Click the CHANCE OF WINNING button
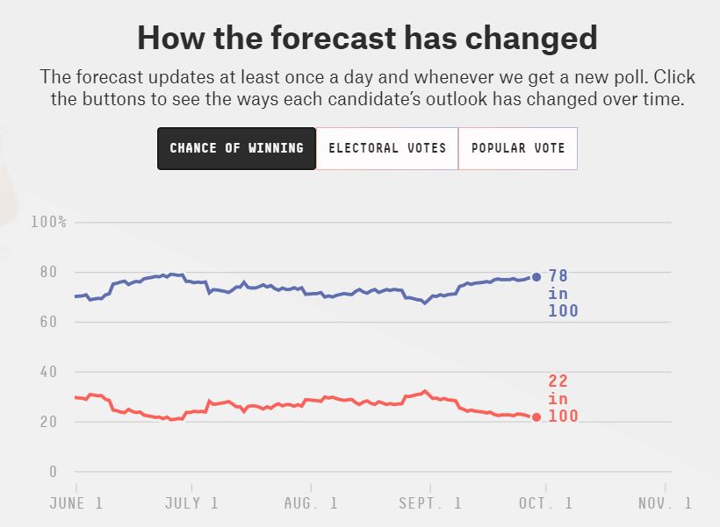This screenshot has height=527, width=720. (236, 148)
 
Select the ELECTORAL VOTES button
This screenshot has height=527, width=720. (387, 148)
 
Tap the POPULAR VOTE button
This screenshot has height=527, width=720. (518, 148)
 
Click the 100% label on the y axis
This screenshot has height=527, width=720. (48, 222)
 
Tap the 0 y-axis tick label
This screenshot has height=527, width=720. (53, 472)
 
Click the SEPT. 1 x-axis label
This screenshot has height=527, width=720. (428, 503)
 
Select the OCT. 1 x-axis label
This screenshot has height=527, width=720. (545, 503)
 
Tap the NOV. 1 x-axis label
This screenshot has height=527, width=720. (664, 503)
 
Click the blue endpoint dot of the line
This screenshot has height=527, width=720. (536, 277)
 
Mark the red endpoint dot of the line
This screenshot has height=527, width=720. (536, 417)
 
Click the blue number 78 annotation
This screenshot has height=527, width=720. (558, 276)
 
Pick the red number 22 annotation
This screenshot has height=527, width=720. (558, 381)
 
